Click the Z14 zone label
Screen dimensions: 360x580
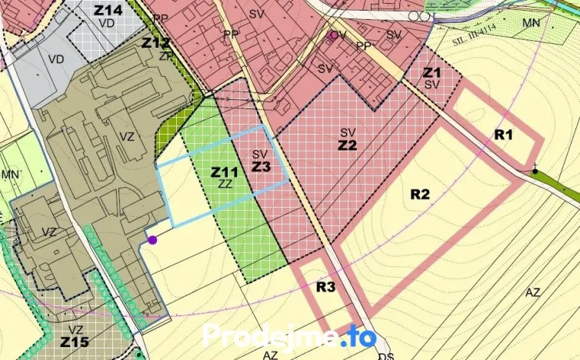point(108,10)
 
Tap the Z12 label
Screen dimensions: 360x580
point(155,42)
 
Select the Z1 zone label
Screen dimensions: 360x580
point(432,72)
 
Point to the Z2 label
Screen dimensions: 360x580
point(348,144)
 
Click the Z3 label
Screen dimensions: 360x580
point(261,166)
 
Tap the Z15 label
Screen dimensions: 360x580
point(75,340)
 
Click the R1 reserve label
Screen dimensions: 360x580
point(503,135)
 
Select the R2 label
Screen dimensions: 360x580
point(419,194)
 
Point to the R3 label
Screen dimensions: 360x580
point(326,287)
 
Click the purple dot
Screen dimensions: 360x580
point(152,240)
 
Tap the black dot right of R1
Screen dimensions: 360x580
point(535,171)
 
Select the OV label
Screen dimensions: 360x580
point(338,35)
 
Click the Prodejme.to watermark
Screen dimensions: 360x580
point(290,337)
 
